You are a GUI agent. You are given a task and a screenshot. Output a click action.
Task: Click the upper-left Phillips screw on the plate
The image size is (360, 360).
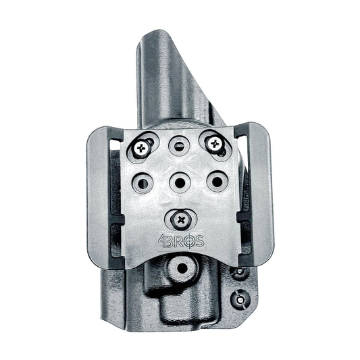141,149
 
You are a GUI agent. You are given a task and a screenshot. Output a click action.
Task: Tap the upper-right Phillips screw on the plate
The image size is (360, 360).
215,144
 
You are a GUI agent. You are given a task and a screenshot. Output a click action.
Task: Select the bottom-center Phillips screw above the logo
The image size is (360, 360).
182,220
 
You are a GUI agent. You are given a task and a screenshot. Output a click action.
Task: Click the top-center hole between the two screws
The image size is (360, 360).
179,146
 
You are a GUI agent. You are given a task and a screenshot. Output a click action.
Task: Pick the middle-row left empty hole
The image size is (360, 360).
143,183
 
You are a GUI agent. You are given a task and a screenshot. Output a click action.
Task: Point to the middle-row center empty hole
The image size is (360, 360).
180,182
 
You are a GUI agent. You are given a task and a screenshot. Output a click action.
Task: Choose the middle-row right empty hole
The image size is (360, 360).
217,182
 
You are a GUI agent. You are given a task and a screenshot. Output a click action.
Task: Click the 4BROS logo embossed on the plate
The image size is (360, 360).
182,241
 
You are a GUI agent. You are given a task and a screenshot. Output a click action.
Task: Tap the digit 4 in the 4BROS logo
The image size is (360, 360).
162,241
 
